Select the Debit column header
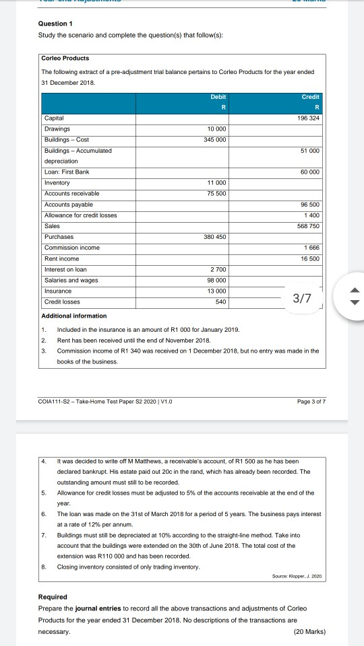pos(216,98)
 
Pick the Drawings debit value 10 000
pos(216,128)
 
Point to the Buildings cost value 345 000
pos(215,139)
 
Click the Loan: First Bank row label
pos(67,172)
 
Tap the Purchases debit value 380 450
pos(215,237)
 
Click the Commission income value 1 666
pos(310,248)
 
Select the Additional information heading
pos(74,316)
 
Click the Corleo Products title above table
pos(66,58)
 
